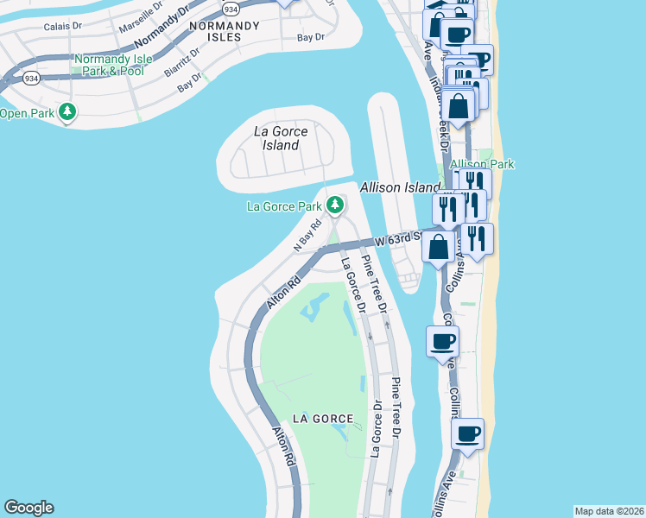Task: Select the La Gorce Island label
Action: pos(276,139)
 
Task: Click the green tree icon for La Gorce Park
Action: pos(335,205)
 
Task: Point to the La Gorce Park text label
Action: pos(284,206)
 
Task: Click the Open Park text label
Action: pos(26,113)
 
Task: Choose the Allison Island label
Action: pos(400,187)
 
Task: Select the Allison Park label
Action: pos(493,164)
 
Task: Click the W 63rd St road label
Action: pos(398,237)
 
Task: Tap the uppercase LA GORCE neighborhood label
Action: pos(323,419)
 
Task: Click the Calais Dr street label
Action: pos(63,27)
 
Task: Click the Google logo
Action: pos(28,508)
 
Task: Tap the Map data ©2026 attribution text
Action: pos(609,511)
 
